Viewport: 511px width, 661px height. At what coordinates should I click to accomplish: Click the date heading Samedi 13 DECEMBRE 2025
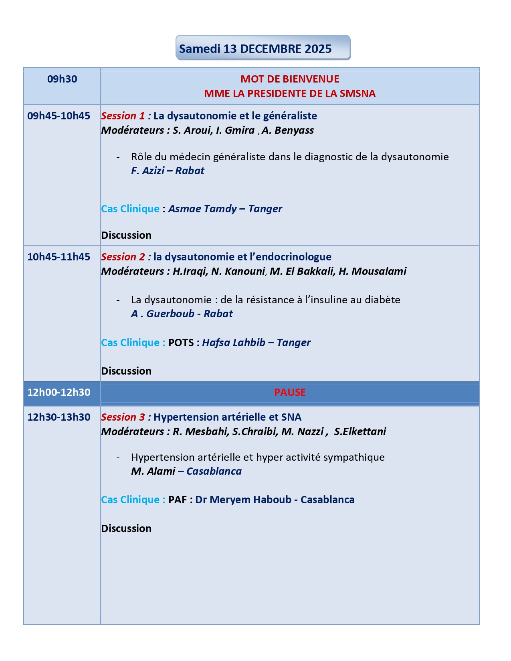coord(255,49)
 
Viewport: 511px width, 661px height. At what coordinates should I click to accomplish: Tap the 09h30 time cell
coord(62,79)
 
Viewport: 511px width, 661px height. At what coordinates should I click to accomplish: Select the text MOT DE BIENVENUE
coord(290,79)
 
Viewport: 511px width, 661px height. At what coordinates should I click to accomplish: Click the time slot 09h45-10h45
coord(59,116)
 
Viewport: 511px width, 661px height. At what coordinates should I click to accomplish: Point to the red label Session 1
coord(123,116)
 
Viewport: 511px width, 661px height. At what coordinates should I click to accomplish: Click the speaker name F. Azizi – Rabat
coord(168,171)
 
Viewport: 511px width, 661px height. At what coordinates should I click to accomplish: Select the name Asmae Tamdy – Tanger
coord(225,209)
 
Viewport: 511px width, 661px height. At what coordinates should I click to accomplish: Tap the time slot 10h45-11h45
coord(59,257)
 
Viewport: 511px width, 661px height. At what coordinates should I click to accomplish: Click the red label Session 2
coord(123,257)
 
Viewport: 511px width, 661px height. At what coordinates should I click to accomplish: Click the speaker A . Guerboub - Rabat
coord(182,314)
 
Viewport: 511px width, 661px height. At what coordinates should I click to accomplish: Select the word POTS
coord(181,343)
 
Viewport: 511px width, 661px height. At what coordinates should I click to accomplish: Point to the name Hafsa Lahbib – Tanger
coord(256,343)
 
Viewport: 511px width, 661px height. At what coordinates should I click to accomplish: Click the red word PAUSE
coord(290,392)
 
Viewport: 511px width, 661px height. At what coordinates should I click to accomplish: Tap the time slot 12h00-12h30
coord(59,392)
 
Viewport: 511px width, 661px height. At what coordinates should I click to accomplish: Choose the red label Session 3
coord(123,417)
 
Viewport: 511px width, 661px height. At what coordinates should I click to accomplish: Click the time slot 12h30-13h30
coord(59,417)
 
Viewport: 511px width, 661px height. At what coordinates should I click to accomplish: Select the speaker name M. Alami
coord(153,471)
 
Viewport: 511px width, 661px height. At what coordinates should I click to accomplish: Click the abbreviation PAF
coord(178,500)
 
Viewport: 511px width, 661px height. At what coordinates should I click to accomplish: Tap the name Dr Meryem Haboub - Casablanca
coord(275,500)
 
